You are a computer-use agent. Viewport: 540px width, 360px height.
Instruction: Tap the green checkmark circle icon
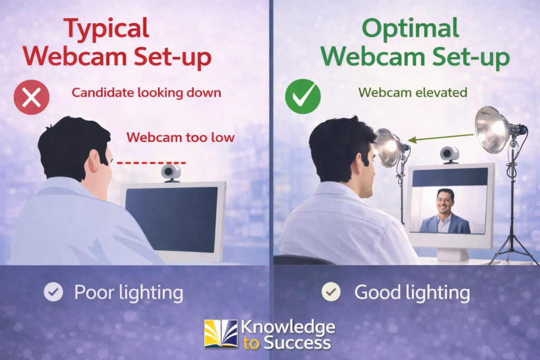tap(303, 97)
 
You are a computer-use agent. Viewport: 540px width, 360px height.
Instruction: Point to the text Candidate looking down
tap(146, 93)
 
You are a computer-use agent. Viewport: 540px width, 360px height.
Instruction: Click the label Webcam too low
tap(180, 138)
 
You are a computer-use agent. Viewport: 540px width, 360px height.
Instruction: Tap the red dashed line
tap(151, 163)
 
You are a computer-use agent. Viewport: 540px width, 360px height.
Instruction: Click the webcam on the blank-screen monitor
tap(171, 172)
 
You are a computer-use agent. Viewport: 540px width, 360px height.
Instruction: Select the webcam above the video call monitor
tap(449, 154)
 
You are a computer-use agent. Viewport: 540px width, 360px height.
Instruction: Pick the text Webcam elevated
tap(412, 93)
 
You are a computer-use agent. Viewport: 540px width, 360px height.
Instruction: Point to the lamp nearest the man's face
tap(388, 147)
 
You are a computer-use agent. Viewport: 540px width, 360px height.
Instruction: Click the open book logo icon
tap(221, 333)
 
